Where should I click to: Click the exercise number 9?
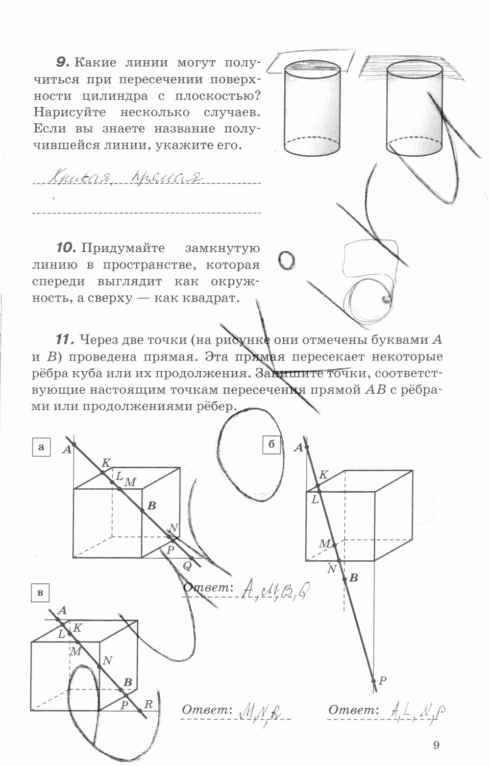[62, 62]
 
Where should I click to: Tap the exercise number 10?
[66, 248]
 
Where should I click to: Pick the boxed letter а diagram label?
[41, 447]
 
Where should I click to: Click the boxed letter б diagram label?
[271, 445]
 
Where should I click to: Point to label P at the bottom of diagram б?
[383, 680]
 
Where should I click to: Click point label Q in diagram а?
[187, 566]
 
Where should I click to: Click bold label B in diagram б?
[353, 578]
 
